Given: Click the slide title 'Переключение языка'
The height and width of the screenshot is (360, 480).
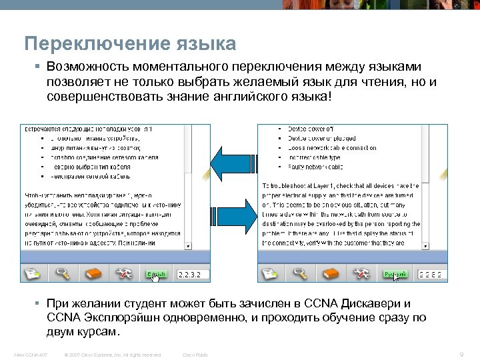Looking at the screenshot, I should [x=130, y=44].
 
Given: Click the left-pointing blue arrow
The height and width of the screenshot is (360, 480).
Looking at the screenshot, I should [x=233, y=164].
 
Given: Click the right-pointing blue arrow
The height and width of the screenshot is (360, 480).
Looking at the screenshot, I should [x=233, y=215].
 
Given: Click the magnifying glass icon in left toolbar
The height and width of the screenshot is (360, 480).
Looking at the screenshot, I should [x=64, y=273].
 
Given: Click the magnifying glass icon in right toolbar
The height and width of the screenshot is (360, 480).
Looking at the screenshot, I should [x=301, y=273].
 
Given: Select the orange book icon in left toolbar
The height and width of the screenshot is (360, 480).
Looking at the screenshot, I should [x=93, y=273].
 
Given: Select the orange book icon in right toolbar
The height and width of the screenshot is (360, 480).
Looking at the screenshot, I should [x=331, y=273].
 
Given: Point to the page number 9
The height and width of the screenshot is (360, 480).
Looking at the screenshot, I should [x=461, y=355].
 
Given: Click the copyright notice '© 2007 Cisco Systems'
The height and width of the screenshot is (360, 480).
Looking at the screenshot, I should [x=113, y=355].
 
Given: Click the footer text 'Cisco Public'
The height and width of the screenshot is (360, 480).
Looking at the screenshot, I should [x=195, y=355].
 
